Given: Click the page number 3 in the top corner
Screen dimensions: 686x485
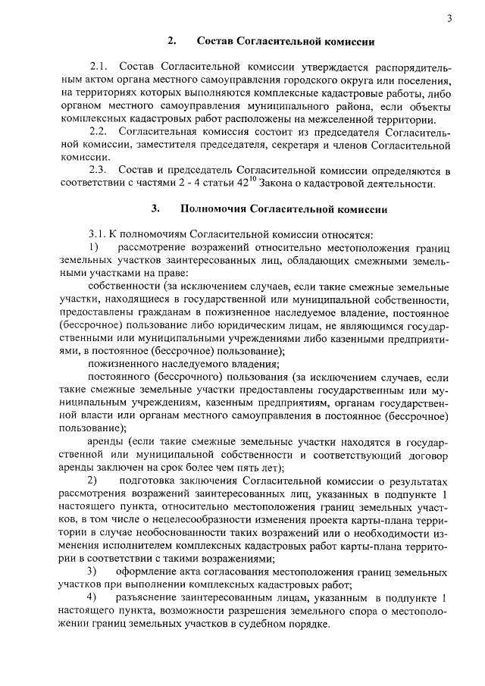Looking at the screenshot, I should click(x=449, y=18).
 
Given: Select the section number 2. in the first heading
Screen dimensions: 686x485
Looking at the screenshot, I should click(x=172, y=39).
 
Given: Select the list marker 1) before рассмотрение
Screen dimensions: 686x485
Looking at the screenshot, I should click(x=93, y=248).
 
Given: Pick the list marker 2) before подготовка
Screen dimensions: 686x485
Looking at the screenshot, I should click(x=93, y=481).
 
